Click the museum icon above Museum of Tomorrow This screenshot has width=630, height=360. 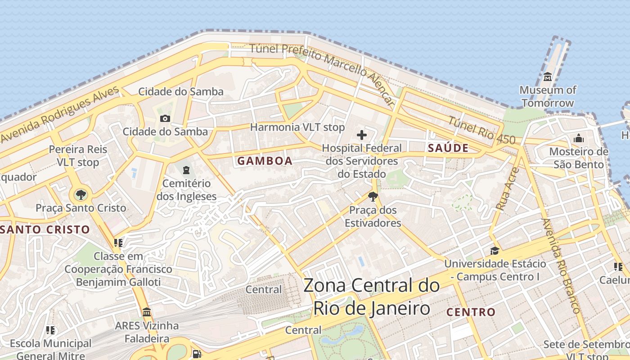(x=547, y=77)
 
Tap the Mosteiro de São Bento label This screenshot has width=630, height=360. (x=578, y=158)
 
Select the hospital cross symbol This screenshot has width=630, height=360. (x=361, y=135)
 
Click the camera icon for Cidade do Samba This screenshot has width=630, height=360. (x=165, y=118)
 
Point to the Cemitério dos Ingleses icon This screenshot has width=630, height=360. (x=186, y=170)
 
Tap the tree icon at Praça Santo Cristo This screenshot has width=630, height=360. (x=81, y=195)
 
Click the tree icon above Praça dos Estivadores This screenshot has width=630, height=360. (x=373, y=197)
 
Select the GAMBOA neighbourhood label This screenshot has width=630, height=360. (x=265, y=161)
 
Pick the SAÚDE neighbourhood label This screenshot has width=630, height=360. (x=448, y=148)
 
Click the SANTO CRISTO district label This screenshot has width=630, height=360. (x=45, y=229)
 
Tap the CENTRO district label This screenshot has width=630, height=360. (x=471, y=312)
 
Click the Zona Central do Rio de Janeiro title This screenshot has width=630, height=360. (x=371, y=297)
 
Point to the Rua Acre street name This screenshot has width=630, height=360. (x=508, y=189)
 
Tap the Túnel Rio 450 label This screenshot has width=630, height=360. (x=481, y=130)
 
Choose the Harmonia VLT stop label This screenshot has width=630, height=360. (x=297, y=127)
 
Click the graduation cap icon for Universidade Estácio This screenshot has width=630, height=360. (x=495, y=251)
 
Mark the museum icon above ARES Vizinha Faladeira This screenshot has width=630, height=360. (x=146, y=312)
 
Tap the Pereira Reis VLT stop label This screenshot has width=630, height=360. (x=78, y=156)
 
